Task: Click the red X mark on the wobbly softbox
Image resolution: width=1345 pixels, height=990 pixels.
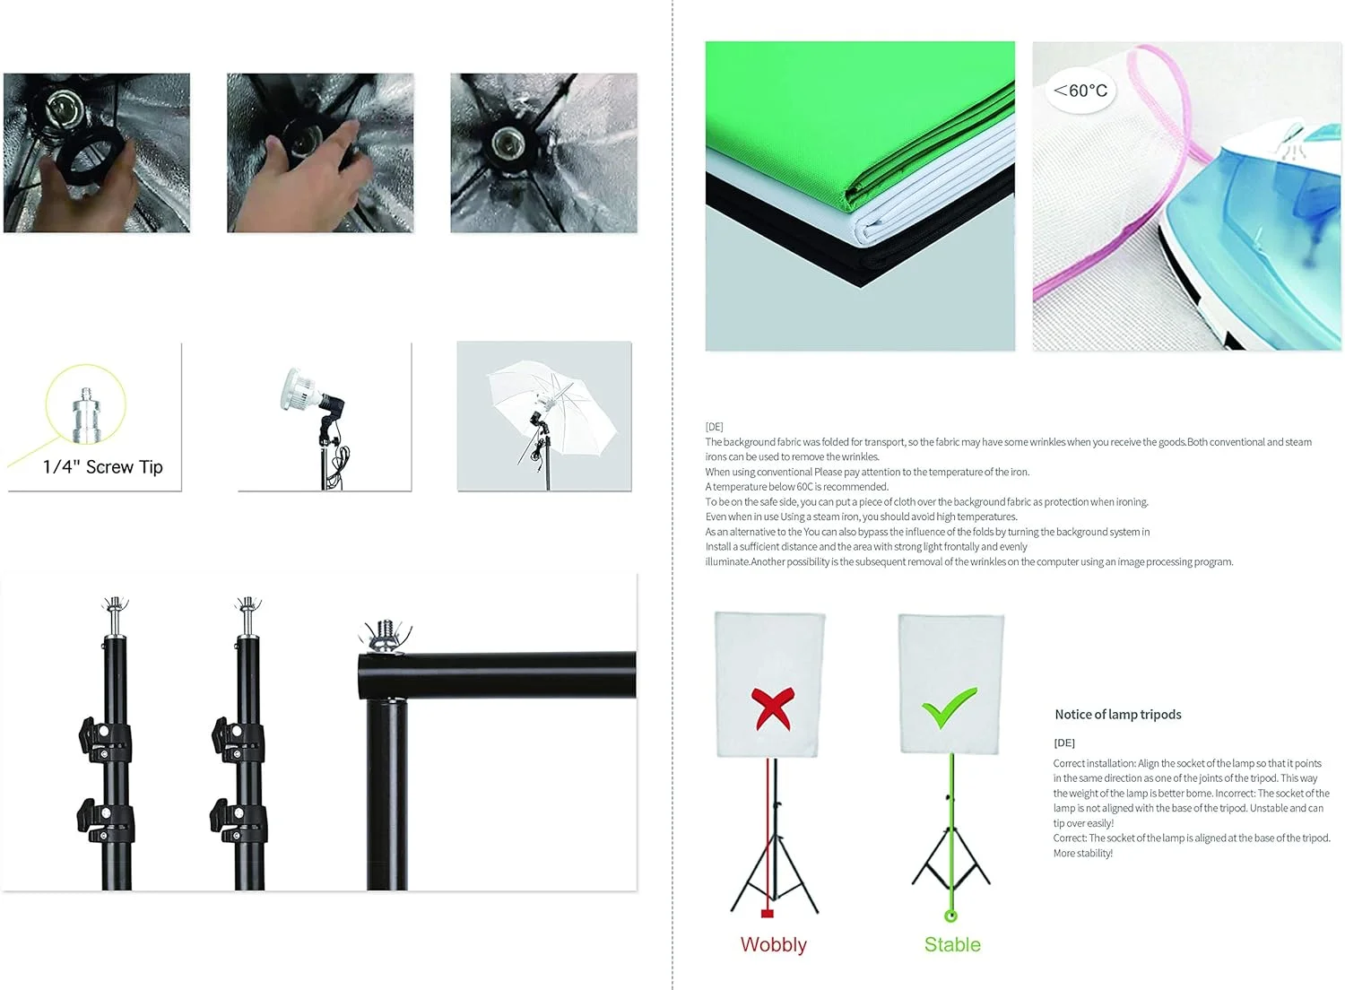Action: tap(773, 708)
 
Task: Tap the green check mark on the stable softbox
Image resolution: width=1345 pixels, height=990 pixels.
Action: tap(948, 708)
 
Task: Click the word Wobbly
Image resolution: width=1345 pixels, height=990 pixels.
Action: tap(773, 944)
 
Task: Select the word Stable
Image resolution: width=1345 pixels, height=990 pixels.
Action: tap(952, 944)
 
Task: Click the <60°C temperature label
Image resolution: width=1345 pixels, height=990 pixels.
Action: tap(1080, 91)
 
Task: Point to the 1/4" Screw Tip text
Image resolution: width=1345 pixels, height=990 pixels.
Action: tap(103, 467)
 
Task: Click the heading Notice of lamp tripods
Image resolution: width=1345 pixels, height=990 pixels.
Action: tap(1118, 715)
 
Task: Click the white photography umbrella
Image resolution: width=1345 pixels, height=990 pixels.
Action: tap(551, 404)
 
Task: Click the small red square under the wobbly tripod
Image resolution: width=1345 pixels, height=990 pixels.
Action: tap(767, 914)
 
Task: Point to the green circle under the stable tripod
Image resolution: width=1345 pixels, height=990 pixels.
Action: tap(950, 916)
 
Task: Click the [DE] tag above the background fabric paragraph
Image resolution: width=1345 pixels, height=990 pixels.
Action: tap(714, 427)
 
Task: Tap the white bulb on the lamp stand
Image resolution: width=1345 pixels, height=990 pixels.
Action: tap(299, 390)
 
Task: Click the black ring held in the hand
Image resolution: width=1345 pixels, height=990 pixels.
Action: tap(90, 160)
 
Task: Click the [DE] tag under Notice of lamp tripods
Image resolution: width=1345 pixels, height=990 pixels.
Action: tap(1064, 742)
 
